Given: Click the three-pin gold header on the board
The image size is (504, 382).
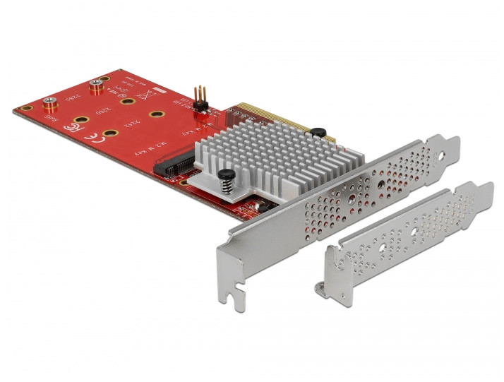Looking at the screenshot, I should tap(198, 98).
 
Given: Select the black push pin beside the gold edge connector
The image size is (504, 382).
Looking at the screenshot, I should tap(318, 131).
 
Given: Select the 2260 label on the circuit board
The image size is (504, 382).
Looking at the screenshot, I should tap(103, 112).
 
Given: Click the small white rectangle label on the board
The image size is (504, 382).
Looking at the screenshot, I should tap(160, 92).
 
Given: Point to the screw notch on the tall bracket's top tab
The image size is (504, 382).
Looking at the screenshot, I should tap(443, 150).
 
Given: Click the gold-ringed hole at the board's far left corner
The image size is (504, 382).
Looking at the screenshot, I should tap(26, 109).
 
